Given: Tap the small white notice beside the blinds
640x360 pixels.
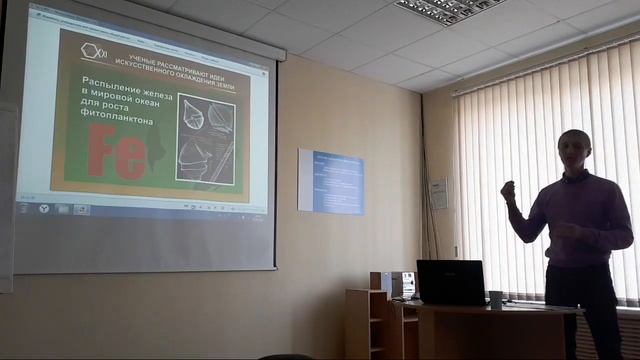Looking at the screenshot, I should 438,193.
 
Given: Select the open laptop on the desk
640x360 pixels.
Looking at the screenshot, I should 451,282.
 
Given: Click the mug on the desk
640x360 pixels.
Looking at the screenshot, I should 495,299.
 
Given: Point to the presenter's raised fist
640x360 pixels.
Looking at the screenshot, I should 508,188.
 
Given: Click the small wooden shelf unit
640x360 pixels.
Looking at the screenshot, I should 367,323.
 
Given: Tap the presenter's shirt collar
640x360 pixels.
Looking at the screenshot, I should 578,176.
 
